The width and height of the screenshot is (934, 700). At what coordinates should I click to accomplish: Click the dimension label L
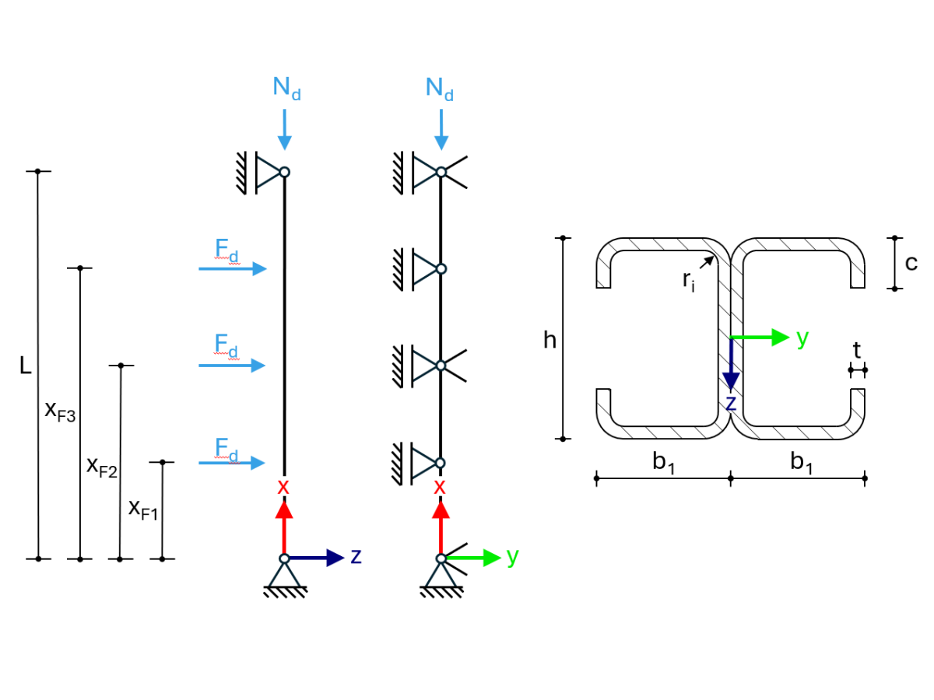click(26, 366)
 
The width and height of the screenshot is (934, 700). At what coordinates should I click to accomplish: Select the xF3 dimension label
click(60, 411)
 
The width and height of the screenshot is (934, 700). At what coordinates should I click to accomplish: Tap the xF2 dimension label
click(101, 466)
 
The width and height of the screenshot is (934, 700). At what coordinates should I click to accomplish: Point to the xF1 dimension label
click(143, 509)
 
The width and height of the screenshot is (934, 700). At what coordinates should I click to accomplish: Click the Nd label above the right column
click(440, 89)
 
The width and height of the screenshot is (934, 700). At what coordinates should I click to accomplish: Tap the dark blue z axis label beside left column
click(356, 556)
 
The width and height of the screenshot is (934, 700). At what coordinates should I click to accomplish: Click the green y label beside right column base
click(512, 556)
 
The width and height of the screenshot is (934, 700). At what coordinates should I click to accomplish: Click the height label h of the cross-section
click(550, 341)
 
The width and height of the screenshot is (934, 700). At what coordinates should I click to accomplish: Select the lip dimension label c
click(911, 263)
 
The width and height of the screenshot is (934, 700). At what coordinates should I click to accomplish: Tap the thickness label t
click(857, 351)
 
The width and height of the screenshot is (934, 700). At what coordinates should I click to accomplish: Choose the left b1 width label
click(663, 463)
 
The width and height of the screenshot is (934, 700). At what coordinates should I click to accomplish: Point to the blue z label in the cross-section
click(730, 402)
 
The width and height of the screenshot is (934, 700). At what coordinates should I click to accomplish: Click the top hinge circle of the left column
click(285, 172)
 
